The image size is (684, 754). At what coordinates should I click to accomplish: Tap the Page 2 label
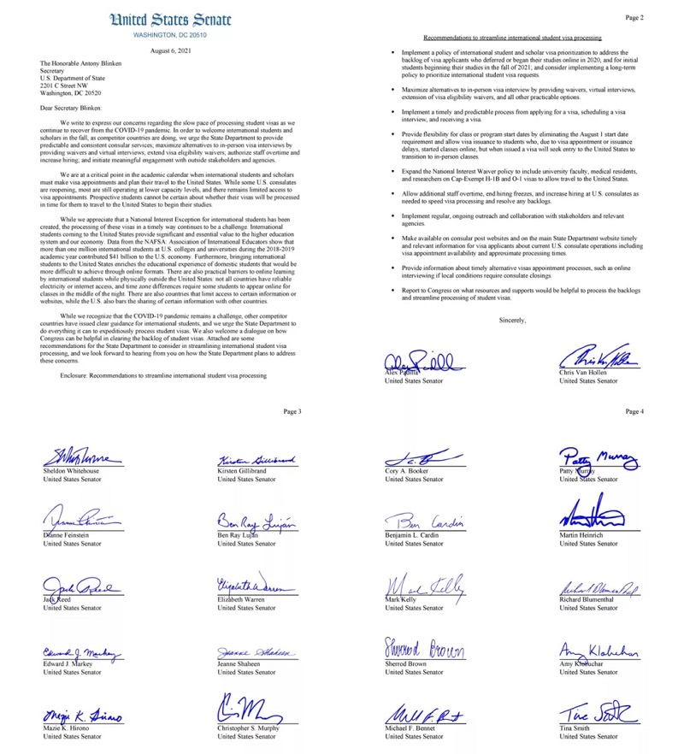(634, 17)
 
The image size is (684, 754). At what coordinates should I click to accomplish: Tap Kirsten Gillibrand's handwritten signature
(257, 460)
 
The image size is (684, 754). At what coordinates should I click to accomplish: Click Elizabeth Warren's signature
(256, 585)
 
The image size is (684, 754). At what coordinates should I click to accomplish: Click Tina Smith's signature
(598, 712)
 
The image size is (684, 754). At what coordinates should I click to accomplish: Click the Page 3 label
(292, 411)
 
